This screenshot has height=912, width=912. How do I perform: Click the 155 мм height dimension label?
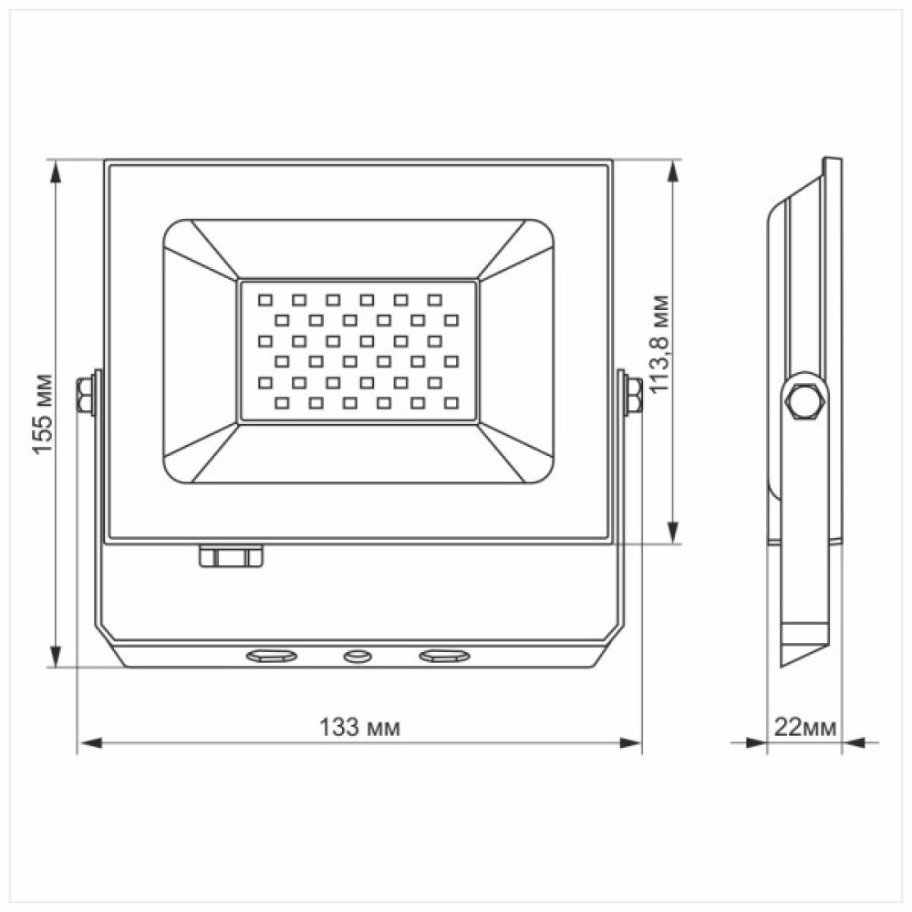42,414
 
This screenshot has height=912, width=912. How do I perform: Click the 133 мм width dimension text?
359,729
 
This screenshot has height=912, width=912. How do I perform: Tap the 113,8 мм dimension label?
663,344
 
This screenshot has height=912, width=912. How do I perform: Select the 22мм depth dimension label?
804,728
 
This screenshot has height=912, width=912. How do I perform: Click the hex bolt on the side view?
803,401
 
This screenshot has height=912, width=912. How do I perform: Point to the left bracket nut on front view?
86,395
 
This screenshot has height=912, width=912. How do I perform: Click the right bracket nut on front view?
632,395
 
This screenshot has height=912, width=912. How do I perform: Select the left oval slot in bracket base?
271,655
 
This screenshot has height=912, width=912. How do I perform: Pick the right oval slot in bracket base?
443,655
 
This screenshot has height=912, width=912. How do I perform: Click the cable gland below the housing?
232,555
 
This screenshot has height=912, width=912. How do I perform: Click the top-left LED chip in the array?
264,298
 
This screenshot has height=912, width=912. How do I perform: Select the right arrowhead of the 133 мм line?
630,743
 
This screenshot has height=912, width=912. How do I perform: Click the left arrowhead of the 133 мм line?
88,743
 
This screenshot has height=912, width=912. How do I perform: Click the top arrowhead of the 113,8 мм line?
674,171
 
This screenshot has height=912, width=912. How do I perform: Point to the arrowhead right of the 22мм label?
852,743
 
